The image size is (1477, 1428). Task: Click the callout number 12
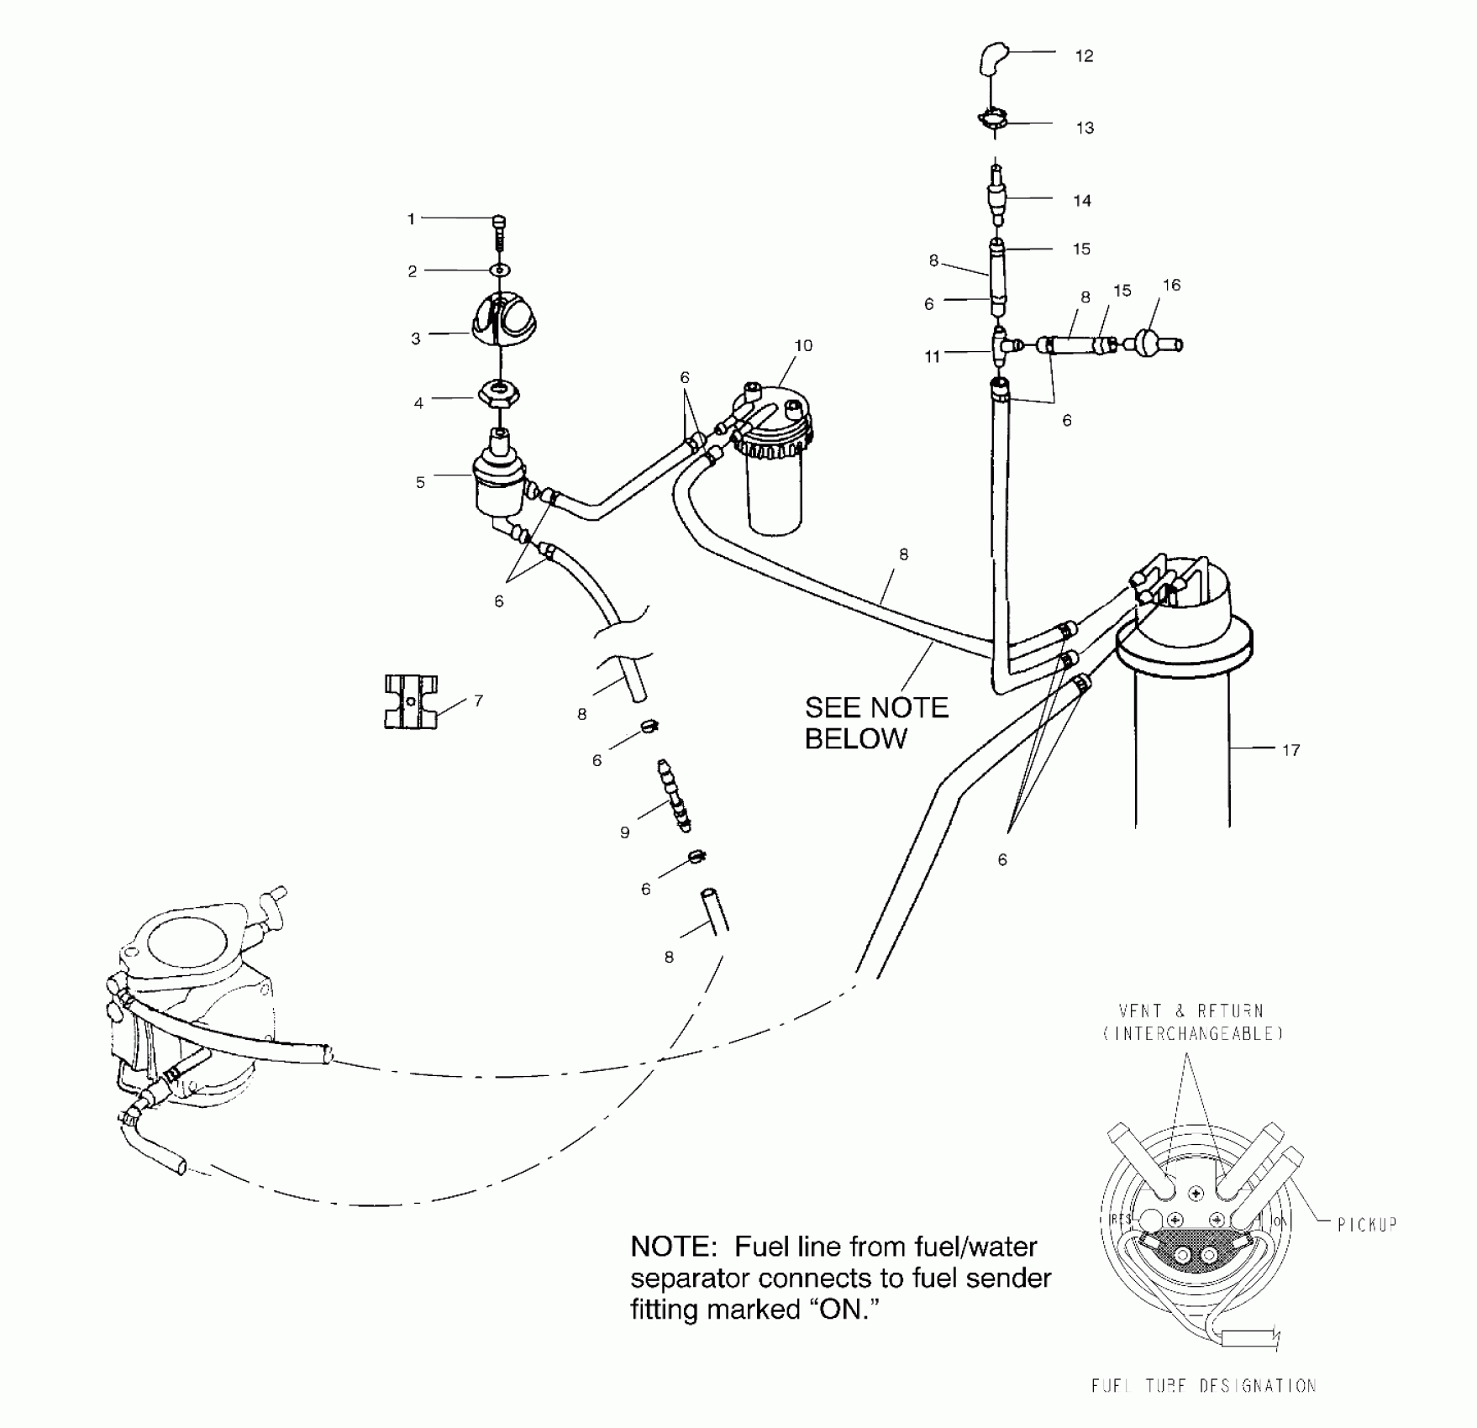click(x=1084, y=56)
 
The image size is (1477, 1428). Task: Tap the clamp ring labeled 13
click(x=993, y=119)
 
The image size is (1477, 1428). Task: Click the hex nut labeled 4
click(x=500, y=393)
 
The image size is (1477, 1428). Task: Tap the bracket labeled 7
click(x=412, y=701)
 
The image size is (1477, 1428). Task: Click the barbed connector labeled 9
click(x=674, y=795)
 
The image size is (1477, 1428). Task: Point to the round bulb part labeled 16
click(x=1149, y=343)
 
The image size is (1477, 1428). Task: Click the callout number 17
click(x=1290, y=750)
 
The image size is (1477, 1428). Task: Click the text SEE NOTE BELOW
click(x=876, y=723)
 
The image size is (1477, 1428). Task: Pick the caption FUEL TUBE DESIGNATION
click(x=1203, y=1385)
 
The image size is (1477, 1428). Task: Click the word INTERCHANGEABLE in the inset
click(x=1193, y=1034)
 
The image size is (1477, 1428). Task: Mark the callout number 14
click(x=1082, y=201)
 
